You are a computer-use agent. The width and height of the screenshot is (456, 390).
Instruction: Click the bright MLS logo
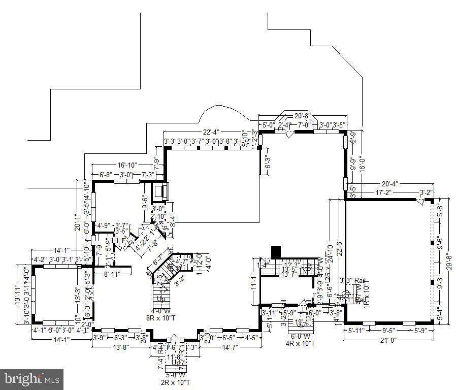[31, 379]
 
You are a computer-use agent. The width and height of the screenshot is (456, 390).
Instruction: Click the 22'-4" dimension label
[212, 133]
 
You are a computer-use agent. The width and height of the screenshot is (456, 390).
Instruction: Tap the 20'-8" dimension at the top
[302, 116]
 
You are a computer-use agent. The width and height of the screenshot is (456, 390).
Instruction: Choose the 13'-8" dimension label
[120, 347]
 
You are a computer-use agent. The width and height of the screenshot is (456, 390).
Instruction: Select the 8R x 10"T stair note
[160, 318]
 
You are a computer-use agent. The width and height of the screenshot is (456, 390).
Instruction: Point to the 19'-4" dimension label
[303, 321]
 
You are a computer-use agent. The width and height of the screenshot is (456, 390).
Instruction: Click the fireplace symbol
[161, 191]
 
